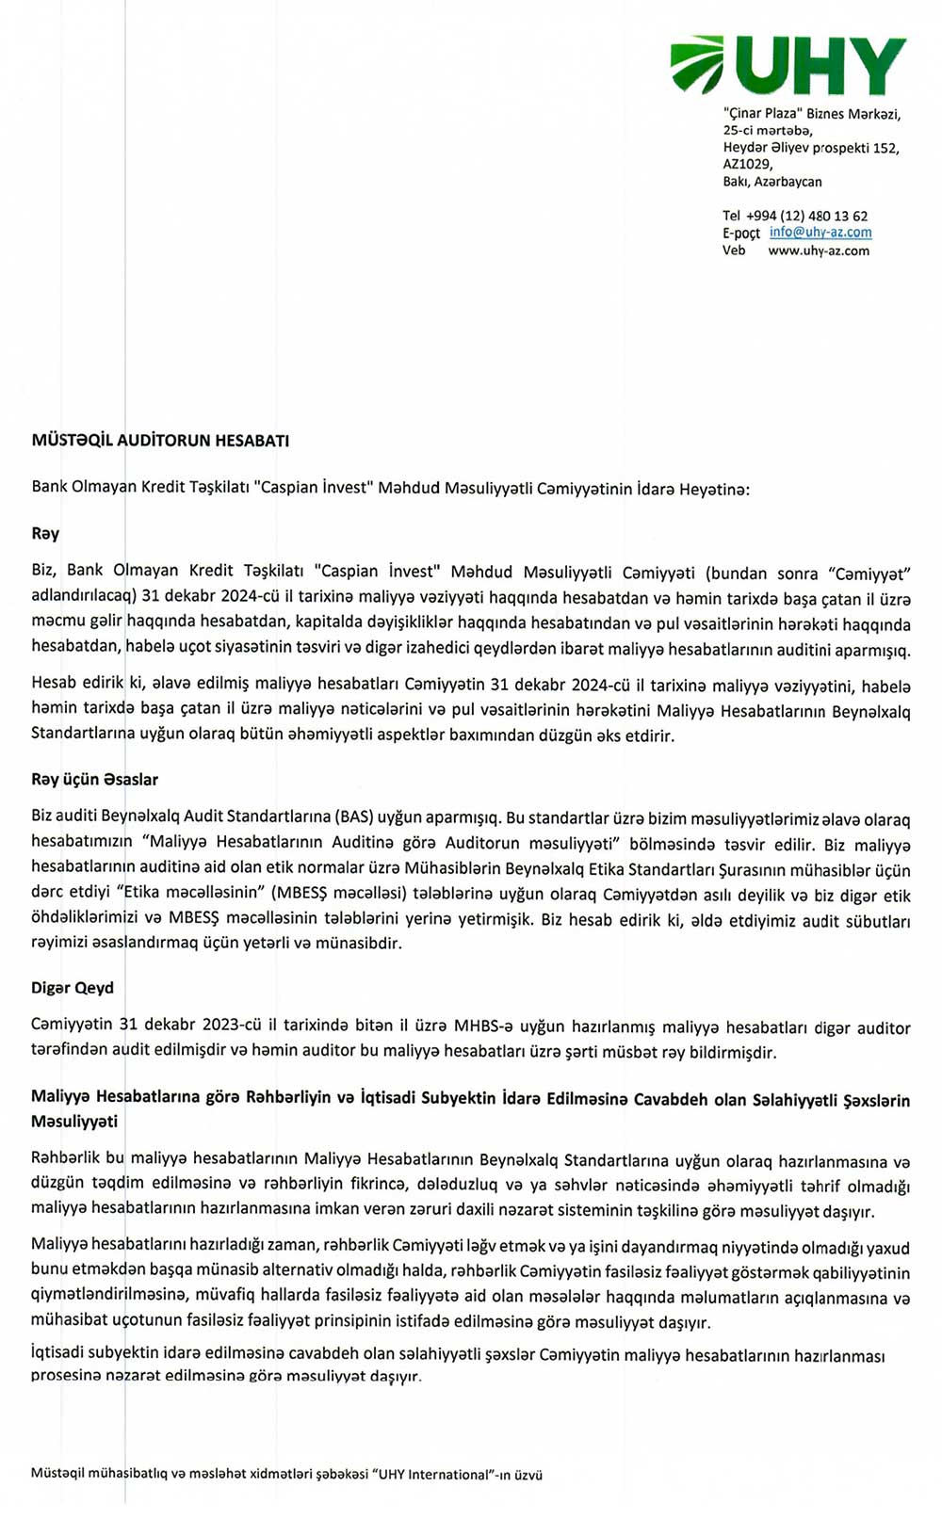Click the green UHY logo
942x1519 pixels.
(x=788, y=65)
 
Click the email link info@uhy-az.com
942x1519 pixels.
(x=820, y=233)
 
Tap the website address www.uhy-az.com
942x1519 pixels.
(x=819, y=250)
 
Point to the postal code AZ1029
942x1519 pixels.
(x=747, y=164)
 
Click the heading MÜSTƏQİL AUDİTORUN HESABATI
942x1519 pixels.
(x=160, y=440)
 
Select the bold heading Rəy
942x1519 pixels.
(x=45, y=534)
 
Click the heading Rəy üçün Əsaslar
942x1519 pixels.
(x=94, y=780)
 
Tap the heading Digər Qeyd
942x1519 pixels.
(x=73, y=988)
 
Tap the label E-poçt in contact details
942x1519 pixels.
(x=740, y=234)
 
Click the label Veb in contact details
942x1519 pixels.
(x=734, y=250)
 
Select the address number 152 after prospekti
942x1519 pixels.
(x=885, y=148)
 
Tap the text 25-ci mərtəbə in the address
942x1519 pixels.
(x=767, y=131)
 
